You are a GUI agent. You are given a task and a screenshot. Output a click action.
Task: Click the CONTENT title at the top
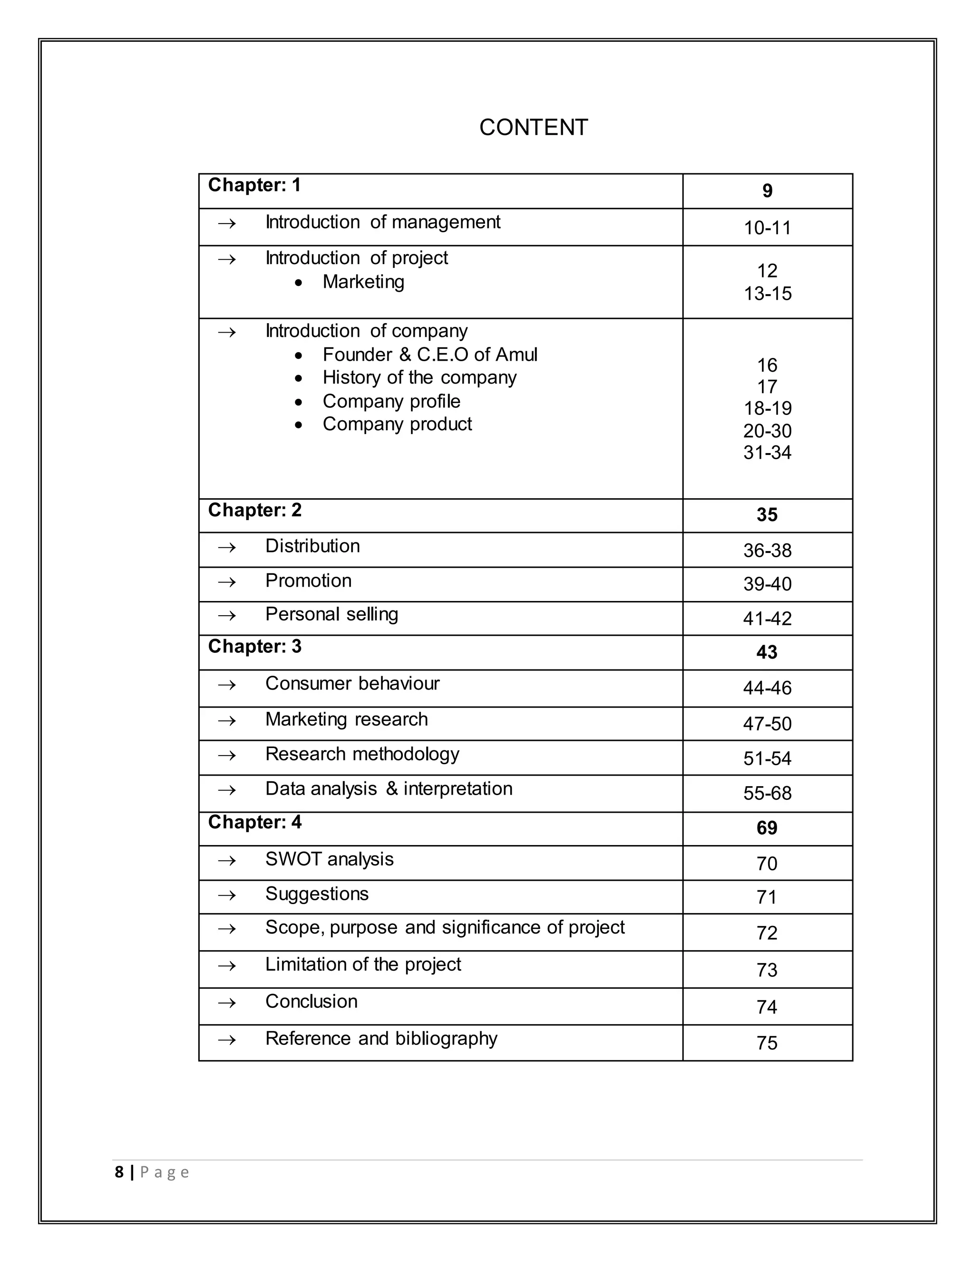(533, 128)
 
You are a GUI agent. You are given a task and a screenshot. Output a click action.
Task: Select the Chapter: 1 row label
(254, 185)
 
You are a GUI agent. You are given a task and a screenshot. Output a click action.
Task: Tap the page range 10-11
(767, 228)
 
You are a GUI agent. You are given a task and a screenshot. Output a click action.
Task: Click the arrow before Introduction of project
(227, 259)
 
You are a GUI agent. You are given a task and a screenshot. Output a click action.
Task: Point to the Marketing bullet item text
(363, 282)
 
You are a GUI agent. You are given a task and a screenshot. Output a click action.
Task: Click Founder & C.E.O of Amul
(429, 355)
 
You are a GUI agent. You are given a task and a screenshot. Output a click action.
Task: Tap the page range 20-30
(767, 431)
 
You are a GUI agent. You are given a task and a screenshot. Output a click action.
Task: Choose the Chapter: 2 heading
(254, 510)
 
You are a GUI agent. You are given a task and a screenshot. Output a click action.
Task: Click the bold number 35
(767, 515)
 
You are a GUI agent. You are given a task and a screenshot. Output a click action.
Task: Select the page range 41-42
(767, 619)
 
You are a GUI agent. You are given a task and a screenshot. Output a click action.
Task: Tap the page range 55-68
(767, 793)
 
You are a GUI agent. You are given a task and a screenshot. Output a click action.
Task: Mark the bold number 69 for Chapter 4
(767, 828)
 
